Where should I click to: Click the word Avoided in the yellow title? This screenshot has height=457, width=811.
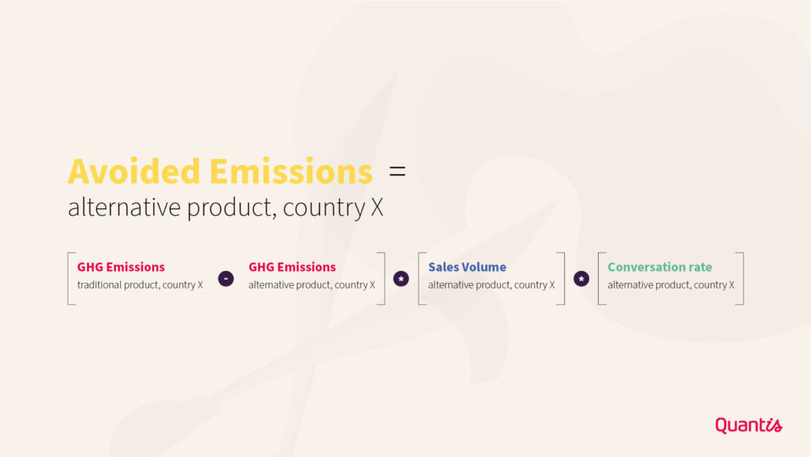[x=134, y=171]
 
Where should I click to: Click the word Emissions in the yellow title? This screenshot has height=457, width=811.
[x=291, y=171]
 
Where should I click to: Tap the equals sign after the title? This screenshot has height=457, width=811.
[x=397, y=171]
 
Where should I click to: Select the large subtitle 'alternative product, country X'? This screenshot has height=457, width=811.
[x=225, y=208]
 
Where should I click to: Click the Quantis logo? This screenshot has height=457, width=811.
[x=749, y=425]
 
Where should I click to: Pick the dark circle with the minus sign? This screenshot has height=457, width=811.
[x=226, y=279]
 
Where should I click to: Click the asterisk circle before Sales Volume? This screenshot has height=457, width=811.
[x=401, y=279]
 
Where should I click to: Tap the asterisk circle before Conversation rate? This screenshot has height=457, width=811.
[x=581, y=279]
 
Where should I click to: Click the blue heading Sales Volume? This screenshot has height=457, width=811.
[x=467, y=267]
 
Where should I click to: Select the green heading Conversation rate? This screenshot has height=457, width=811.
[x=660, y=267]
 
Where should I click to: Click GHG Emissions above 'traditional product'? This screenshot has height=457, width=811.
[x=121, y=267]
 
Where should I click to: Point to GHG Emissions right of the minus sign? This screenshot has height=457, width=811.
[x=292, y=267]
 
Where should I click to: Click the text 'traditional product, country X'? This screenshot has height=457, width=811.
[x=140, y=285]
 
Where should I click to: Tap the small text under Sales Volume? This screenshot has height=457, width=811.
[x=491, y=285]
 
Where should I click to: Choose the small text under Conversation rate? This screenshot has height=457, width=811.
[x=671, y=285]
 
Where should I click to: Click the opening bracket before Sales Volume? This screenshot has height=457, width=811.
[x=419, y=279]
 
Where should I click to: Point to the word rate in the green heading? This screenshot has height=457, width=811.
[x=700, y=268]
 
